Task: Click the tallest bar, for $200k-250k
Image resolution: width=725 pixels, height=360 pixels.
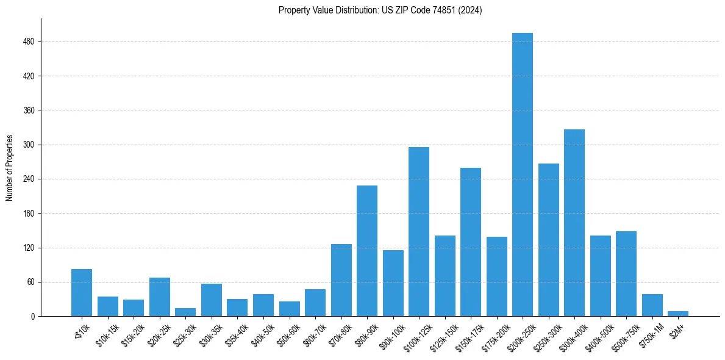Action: (522, 175)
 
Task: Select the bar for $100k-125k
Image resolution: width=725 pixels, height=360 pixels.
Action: (418, 232)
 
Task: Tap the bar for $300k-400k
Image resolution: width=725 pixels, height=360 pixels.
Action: (574, 223)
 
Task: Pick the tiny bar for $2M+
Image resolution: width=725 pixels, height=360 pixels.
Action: (678, 314)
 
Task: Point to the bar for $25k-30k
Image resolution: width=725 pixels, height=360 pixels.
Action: (185, 312)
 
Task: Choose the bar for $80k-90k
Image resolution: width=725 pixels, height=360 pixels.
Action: (366, 251)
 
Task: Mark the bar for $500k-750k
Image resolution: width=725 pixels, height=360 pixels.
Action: (626, 274)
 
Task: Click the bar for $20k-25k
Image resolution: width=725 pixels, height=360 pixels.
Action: (159, 297)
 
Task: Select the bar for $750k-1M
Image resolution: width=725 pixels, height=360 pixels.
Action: (652, 305)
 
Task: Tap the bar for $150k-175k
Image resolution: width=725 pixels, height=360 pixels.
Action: (470, 242)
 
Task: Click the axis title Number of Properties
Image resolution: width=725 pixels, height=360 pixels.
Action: (9, 168)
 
